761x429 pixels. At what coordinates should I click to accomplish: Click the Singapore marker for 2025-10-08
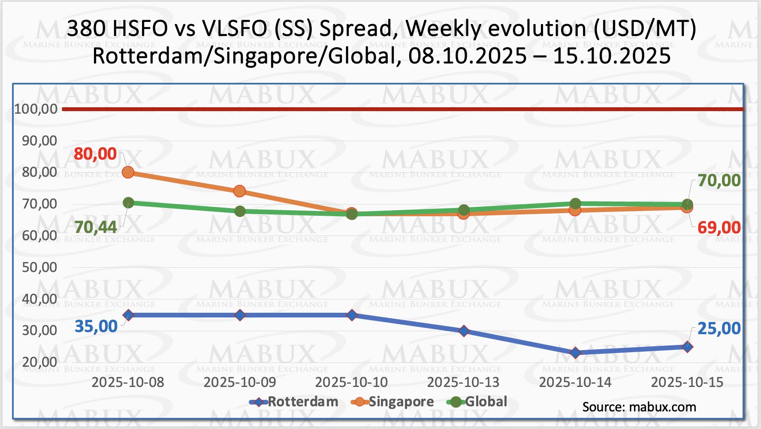128,172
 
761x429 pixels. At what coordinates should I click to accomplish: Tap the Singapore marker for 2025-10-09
240,191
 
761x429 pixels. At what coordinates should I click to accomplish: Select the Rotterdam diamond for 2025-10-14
575,353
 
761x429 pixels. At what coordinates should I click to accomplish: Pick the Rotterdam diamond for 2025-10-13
464,331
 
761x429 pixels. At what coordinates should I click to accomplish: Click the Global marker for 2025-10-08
128,202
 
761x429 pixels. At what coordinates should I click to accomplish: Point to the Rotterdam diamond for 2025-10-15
687,347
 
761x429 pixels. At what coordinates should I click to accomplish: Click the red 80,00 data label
95,154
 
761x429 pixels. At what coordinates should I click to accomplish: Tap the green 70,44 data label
95,227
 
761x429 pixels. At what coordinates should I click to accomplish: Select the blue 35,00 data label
96,326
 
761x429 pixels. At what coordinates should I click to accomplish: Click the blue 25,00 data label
719,329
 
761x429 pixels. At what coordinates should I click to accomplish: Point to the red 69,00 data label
719,227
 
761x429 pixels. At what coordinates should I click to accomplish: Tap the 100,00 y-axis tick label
36,109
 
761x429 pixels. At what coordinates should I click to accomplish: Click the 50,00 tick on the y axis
39,267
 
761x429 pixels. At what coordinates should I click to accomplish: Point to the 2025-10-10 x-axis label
351,382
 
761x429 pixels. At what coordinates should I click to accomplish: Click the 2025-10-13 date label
463,382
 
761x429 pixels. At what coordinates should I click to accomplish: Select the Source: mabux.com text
639,407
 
